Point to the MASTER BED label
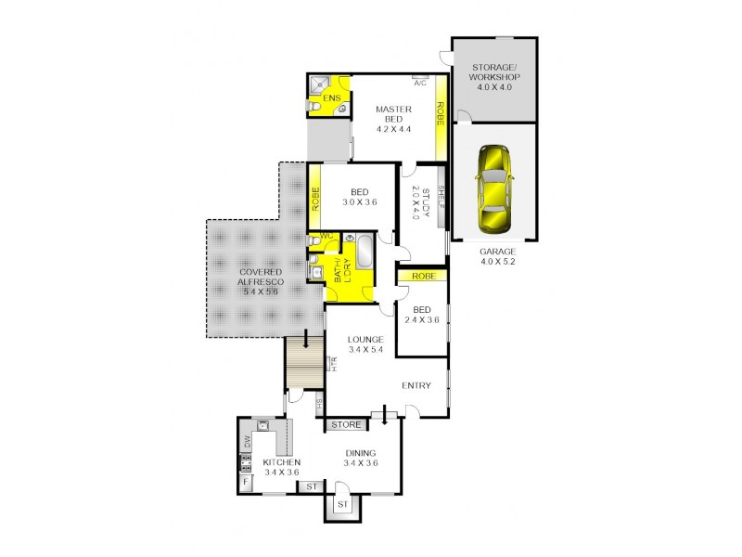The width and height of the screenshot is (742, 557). point(393,114)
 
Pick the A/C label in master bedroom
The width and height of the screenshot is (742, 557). point(420,83)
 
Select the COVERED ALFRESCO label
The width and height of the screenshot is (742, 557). point(261,273)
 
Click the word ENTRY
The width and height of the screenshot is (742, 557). point(416,385)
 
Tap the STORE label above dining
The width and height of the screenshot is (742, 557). point(345,425)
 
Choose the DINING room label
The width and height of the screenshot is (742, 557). point(360,453)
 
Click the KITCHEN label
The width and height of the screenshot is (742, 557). point(280,462)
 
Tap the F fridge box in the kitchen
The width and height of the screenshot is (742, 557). point(247,482)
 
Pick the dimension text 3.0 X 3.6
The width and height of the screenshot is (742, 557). point(360,201)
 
